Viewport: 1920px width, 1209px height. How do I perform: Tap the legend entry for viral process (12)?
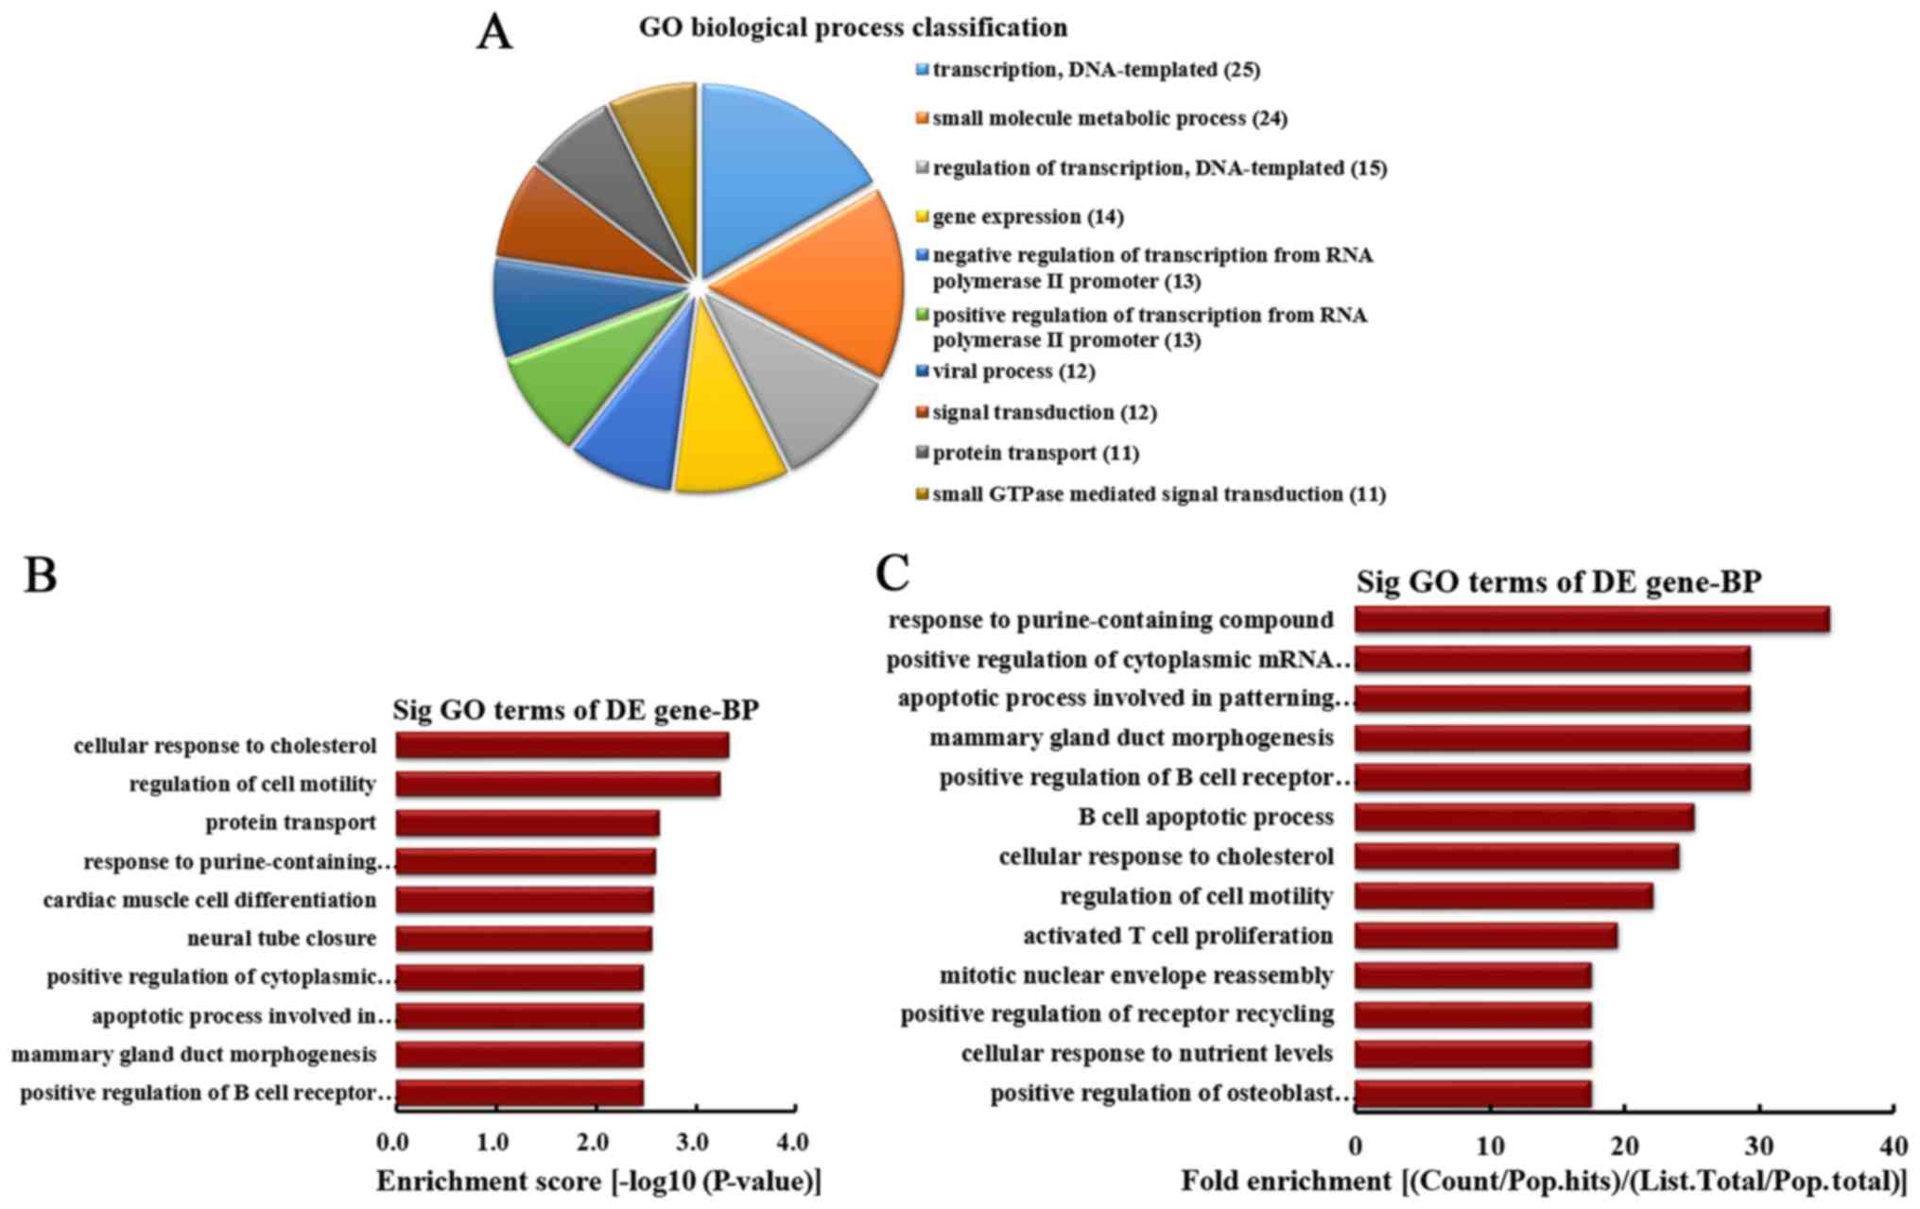click(1013, 371)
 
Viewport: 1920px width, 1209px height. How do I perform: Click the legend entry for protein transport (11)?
click(1035, 454)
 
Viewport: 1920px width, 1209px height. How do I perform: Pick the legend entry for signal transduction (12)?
click(1044, 413)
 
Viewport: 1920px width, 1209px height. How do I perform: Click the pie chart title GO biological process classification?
click(853, 27)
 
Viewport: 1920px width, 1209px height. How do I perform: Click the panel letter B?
click(41, 574)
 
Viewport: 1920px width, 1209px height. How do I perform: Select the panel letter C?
click(892, 572)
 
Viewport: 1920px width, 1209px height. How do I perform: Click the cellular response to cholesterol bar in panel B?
click(562, 746)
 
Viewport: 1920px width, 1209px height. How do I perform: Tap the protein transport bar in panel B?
click(527, 823)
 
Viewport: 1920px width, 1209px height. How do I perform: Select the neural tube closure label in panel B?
click(282, 939)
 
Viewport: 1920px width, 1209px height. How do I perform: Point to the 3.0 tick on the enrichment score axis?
click(695, 1143)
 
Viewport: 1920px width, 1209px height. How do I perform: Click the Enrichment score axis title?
click(598, 1182)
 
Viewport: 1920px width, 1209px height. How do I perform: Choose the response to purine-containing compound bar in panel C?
click(1591, 619)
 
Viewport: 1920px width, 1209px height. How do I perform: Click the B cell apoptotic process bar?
click(1523, 818)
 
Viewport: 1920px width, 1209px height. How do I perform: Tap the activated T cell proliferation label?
click(1178, 936)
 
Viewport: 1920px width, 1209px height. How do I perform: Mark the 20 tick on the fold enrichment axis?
click(1624, 1147)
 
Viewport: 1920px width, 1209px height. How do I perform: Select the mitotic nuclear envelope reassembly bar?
click(1472, 976)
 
